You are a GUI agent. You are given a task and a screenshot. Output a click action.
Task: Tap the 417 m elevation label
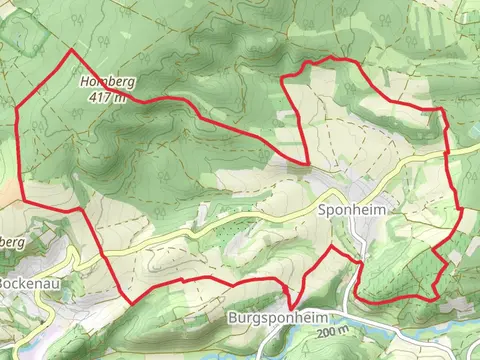(107, 97)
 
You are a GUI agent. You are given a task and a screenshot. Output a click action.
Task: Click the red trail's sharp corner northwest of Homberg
(72, 50)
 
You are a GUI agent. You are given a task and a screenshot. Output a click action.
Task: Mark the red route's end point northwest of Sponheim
(307, 161)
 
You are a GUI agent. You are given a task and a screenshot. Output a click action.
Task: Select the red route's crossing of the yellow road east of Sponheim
(446, 152)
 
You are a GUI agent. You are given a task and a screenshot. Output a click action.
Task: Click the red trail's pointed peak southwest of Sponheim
(331, 245)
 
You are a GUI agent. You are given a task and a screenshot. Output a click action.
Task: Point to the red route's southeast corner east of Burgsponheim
(433, 298)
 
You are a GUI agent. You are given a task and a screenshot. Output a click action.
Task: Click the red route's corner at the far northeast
(440, 109)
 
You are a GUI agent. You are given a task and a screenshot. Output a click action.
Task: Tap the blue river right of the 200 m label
(420, 338)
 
